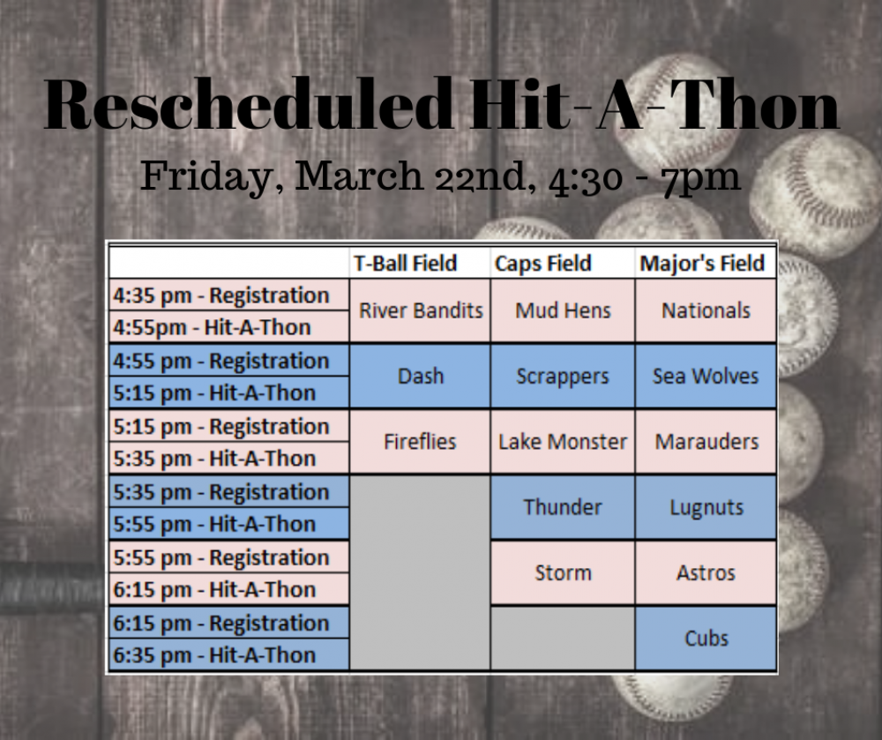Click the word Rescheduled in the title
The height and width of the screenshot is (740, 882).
(x=248, y=105)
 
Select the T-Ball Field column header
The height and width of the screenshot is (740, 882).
(x=405, y=263)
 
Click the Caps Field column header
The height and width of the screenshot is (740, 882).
(x=542, y=263)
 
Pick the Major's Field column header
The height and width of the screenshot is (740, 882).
(x=702, y=263)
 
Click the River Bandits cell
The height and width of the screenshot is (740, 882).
(x=420, y=310)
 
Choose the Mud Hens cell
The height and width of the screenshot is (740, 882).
(x=563, y=310)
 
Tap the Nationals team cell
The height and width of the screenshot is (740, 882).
(x=706, y=310)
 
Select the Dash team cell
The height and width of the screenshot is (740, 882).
(x=420, y=376)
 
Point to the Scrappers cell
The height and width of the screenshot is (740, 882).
(x=563, y=376)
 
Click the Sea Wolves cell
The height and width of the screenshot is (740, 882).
(x=706, y=376)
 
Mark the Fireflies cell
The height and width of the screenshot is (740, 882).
(x=420, y=441)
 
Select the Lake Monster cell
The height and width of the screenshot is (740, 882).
(x=563, y=441)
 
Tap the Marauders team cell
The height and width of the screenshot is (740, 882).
(x=706, y=441)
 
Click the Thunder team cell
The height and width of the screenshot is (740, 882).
(x=563, y=507)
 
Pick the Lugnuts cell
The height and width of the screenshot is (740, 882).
(x=706, y=507)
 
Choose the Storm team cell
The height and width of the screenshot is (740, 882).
(x=563, y=572)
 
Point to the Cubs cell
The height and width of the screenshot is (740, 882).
(x=706, y=639)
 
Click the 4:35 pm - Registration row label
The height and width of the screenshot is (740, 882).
(x=221, y=295)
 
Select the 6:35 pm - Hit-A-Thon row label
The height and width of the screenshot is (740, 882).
(x=214, y=655)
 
